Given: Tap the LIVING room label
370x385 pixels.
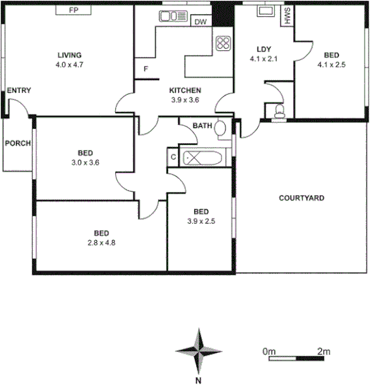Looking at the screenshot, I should (69, 55).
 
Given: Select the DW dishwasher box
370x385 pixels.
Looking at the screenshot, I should (200, 22).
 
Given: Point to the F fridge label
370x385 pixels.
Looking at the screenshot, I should (145, 69).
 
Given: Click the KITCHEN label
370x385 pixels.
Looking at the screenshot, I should (185, 91).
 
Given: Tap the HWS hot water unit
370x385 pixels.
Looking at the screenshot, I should (287, 17).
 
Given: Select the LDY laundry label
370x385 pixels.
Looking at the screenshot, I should (263, 49).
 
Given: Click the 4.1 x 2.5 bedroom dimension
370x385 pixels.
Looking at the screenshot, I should (331, 66).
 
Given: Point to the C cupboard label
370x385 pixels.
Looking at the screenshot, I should (173, 158).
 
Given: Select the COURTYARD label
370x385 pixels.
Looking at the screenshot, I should (301, 199).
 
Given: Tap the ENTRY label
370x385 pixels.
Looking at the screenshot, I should (19, 91).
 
